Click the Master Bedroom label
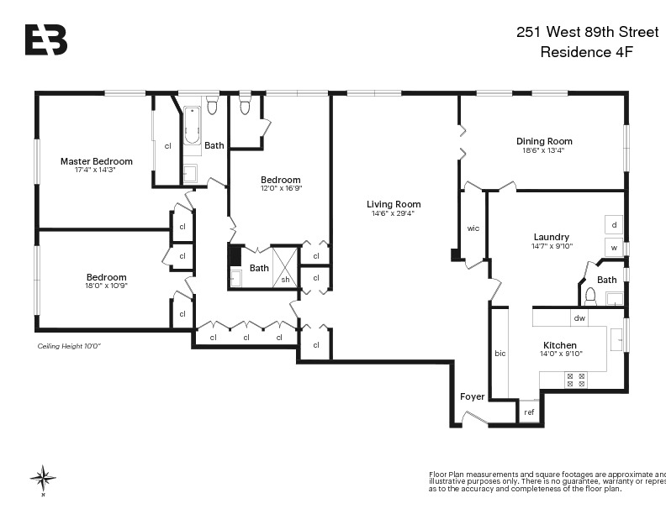tap(96, 161)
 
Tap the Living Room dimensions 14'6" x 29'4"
tap(394, 213)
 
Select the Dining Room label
tap(544, 141)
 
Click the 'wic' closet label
tap(473, 228)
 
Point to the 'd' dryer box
tap(614, 225)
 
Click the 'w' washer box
tap(614, 248)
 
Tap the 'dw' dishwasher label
tap(579, 318)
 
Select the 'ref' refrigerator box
tap(529, 412)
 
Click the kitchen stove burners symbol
tap(576, 380)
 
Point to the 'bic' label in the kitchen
tap(499, 354)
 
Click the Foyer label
tap(472, 396)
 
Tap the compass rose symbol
tap(43, 478)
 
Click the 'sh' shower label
tap(285, 280)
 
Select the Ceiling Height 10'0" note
tap(68, 346)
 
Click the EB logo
tap(45, 39)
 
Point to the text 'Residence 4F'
tap(585, 52)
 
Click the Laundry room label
tap(551, 237)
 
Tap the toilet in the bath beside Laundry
tap(590, 295)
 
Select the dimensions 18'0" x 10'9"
tap(106, 286)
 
